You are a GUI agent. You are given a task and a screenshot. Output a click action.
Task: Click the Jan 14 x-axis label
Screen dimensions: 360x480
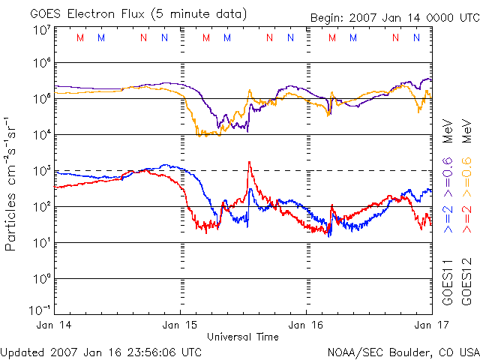click(55, 325)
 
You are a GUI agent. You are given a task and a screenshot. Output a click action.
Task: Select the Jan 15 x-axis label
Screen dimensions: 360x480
click(181, 325)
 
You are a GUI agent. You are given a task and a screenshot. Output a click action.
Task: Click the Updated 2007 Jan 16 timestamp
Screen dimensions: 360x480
click(100, 352)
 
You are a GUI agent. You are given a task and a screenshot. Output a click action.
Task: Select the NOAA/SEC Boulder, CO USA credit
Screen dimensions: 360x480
click(403, 352)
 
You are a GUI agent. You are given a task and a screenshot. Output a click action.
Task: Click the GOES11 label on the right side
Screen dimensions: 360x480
click(448, 282)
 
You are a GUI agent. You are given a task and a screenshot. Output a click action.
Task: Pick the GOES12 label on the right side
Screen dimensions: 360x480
click(466, 282)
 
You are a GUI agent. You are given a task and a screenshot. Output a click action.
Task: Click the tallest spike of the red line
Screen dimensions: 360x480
click(249, 162)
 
